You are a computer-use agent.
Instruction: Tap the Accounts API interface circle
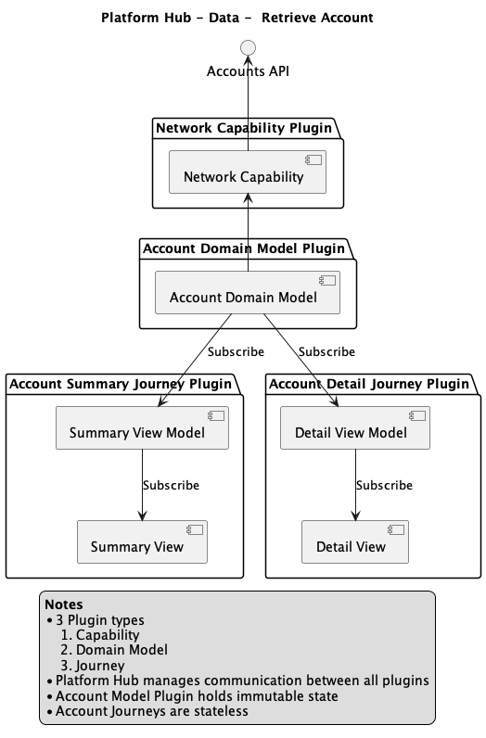[248, 47]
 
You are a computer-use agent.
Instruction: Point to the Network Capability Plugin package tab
[243, 128]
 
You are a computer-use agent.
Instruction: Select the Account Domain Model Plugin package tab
[244, 248]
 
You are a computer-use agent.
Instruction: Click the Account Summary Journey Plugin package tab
[120, 383]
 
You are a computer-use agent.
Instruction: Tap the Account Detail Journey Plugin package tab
[368, 383]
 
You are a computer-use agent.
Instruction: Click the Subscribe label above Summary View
[171, 485]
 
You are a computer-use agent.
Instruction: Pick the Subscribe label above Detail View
[384, 485]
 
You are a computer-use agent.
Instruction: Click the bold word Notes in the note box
[63, 604]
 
